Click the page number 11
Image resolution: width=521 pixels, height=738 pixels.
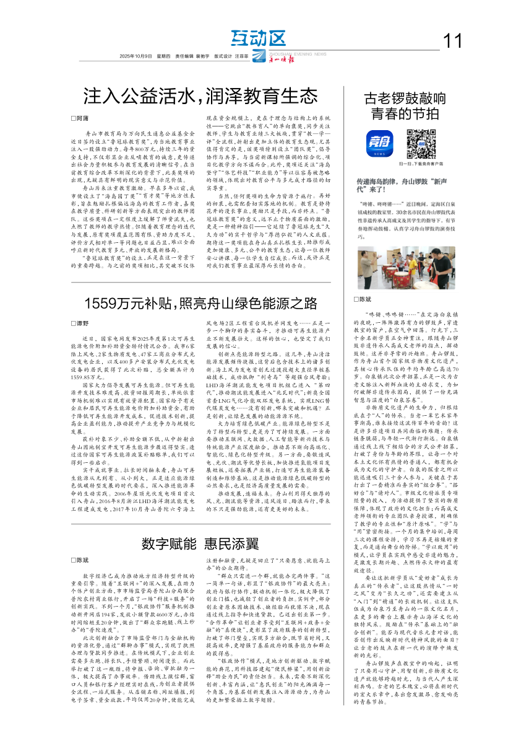pos(453,41)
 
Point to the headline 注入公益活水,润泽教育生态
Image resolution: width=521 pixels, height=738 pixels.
pos(201,97)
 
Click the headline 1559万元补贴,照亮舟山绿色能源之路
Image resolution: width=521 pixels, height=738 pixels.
pos(201,304)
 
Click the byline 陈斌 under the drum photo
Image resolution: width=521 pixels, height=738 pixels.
pos(369,299)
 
